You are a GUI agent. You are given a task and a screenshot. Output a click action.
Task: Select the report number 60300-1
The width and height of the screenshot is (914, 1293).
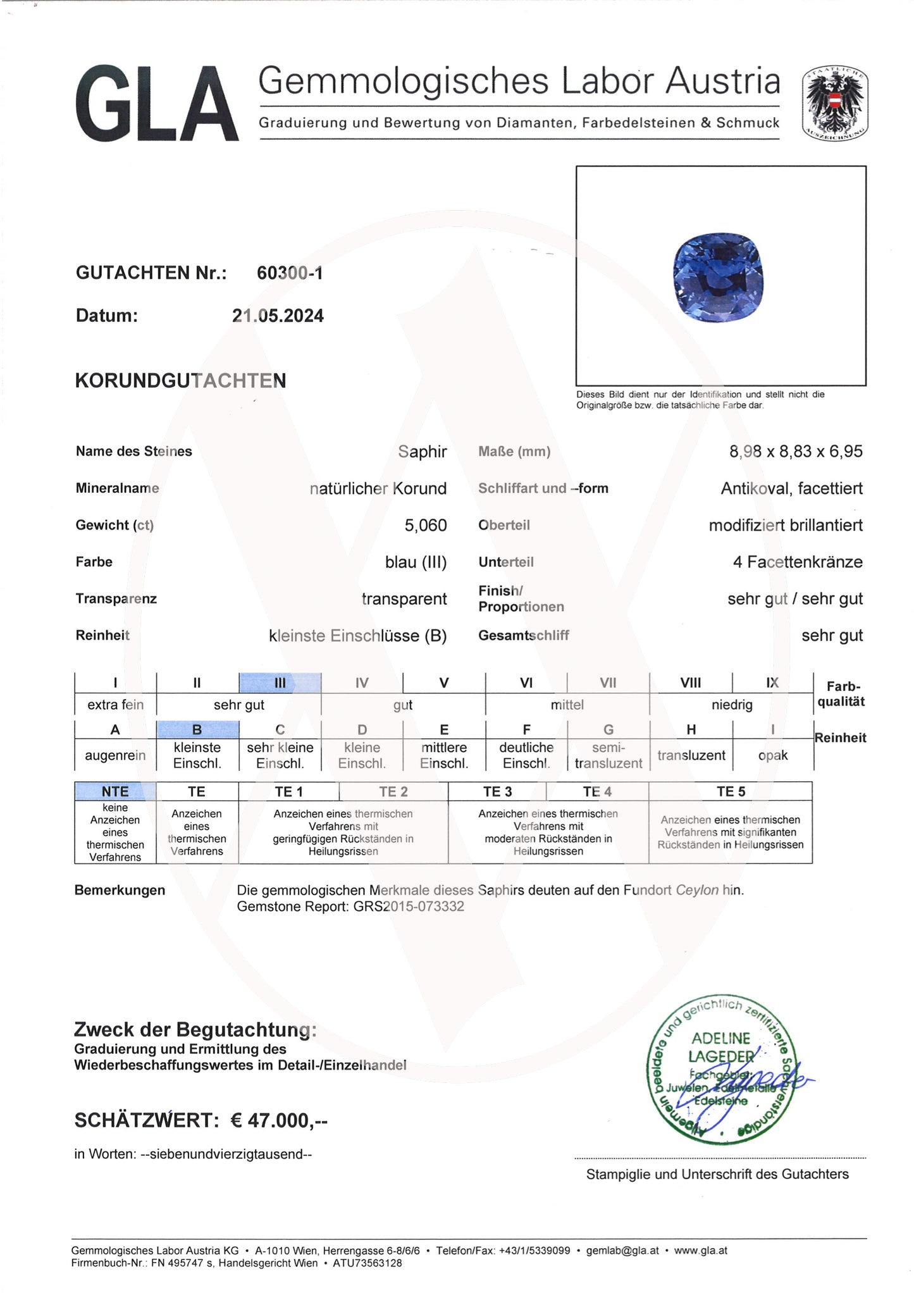(x=290, y=273)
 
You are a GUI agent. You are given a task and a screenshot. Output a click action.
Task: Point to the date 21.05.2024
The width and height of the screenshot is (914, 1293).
(x=278, y=316)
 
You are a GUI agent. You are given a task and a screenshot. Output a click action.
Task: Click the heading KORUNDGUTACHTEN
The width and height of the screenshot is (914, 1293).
(x=180, y=381)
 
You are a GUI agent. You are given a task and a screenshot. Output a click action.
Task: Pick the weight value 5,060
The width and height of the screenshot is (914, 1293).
(x=425, y=525)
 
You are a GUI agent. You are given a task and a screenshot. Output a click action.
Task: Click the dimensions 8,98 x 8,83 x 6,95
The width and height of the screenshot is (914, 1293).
(x=796, y=452)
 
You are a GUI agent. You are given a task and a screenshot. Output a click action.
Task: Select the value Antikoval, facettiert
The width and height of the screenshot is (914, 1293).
(x=791, y=488)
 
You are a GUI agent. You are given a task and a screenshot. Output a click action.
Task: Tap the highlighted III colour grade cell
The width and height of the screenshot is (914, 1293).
(x=280, y=683)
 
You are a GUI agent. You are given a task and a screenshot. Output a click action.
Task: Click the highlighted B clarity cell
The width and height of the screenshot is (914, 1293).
(x=197, y=729)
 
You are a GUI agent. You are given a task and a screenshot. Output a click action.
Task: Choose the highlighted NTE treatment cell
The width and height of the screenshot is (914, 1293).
(x=115, y=791)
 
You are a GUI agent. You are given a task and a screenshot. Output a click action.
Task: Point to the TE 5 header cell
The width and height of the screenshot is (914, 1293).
(x=731, y=791)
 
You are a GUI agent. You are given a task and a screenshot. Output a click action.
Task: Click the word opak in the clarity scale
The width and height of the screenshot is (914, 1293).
(x=772, y=755)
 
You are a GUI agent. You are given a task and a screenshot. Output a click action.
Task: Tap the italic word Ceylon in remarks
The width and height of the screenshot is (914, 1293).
(x=696, y=890)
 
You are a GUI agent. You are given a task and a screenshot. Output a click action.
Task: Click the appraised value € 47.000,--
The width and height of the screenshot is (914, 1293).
(x=279, y=1120)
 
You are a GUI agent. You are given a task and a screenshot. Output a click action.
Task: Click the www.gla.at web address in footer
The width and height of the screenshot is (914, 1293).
(x=700, y=1251)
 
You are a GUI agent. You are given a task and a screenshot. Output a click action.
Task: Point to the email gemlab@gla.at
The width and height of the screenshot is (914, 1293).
(x=622, y=1251)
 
